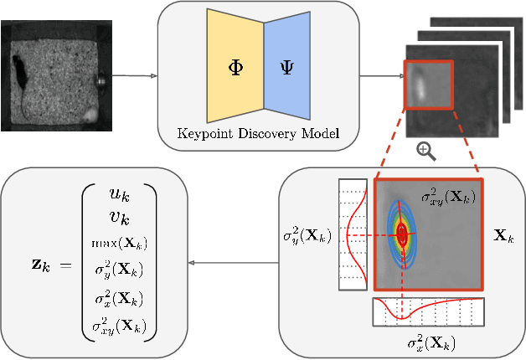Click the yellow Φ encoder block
pos(235,66)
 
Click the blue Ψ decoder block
pos(287,66)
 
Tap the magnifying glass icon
pos(426,152)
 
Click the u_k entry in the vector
pos(119,193)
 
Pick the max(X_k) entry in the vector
pos(119,243)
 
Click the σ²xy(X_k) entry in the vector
pos(119,325)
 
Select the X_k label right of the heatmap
pos(503,237)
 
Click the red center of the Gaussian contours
pos(403,235)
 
